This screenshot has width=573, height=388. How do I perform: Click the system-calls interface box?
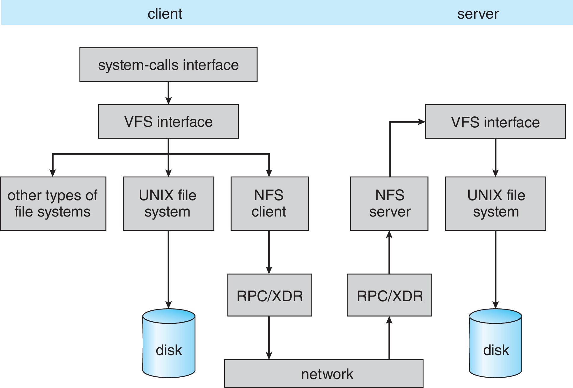tap(168, 65)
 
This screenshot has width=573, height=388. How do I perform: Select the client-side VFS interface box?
tap(168, 121)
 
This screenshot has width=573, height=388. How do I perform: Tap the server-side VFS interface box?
tap(495, 121)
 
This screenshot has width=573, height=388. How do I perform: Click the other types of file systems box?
tap(53, 204)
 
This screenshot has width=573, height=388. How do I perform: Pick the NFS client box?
tap(269, 204)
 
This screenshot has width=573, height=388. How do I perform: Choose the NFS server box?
tap(389, 204)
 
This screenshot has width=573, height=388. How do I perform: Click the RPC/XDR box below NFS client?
tap(269, 295)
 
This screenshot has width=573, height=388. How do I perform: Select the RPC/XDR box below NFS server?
tap(389, 295)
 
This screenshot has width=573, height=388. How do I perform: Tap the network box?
tap(323, 374)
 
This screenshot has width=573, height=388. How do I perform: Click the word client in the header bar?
tap(165, 14)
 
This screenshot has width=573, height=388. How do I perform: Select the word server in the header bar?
tap(478, 14)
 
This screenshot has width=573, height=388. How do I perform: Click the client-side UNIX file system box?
tap(168, 204)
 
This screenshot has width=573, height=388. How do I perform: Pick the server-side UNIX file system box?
tap(495, 204)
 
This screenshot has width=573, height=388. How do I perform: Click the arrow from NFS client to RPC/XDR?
tap(269, 252)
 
